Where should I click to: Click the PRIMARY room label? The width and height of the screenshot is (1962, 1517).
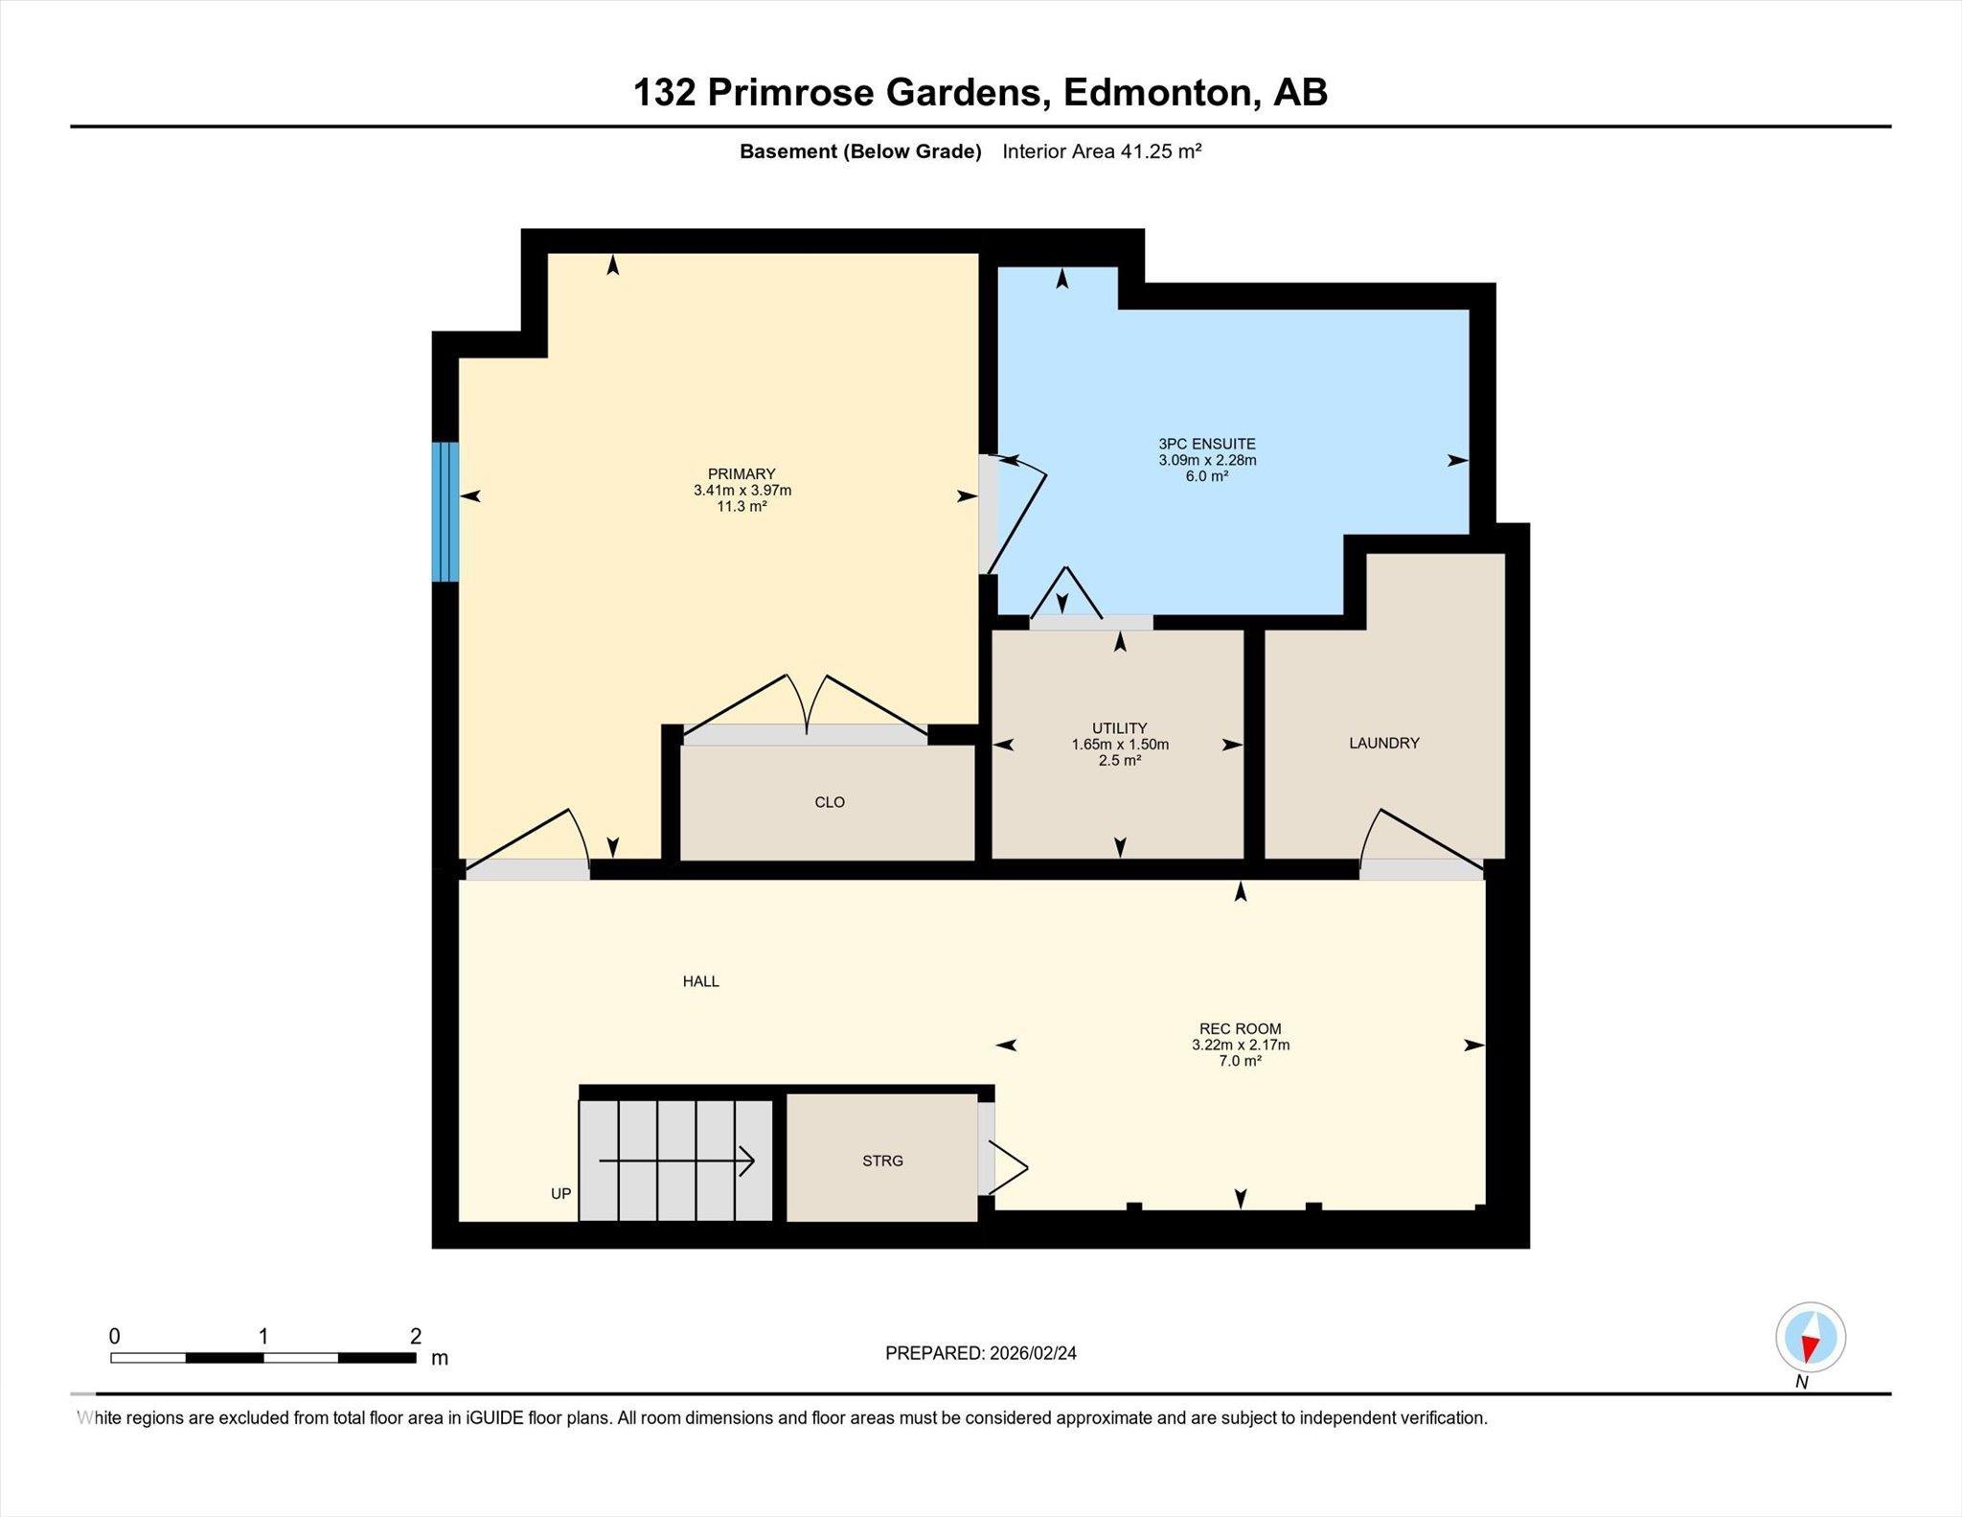741,473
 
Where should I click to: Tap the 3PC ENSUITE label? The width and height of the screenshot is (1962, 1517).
1207,444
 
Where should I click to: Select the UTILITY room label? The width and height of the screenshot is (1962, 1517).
1119,728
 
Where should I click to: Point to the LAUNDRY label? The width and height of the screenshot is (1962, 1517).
1384,743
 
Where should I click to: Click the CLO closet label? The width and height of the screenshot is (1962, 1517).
830,802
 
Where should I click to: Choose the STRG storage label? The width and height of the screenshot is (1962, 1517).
882,1161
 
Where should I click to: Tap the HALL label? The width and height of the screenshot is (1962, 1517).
700,981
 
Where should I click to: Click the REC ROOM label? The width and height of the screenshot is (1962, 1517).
1241,1029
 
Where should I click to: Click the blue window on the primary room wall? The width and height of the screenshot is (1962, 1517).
445,512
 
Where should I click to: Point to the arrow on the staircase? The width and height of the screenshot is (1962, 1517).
676,1161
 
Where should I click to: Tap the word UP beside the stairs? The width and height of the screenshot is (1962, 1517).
560,1193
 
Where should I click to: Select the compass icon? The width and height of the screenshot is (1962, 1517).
1810,1338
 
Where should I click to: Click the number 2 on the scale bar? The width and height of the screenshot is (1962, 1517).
416,1336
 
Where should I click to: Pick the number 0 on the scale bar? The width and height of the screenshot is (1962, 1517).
115,1336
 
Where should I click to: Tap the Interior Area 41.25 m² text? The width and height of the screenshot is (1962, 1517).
1102,150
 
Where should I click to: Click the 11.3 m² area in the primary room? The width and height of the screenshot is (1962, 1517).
741,506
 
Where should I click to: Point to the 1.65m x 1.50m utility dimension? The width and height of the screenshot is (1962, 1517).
1120,745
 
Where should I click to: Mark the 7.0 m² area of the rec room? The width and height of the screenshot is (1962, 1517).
1241,1061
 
